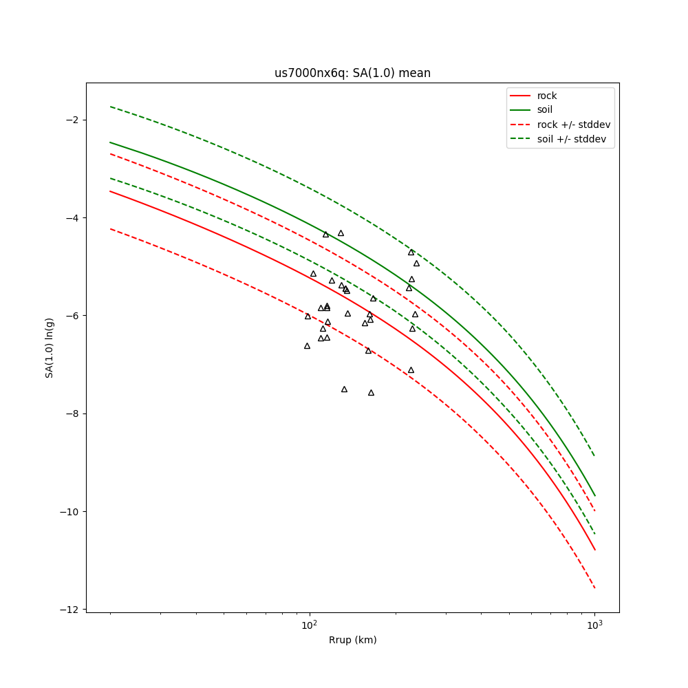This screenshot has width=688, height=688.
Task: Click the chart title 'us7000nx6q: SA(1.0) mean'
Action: [x=352, y=73]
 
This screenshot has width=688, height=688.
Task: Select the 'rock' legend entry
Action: [x=547, y=96]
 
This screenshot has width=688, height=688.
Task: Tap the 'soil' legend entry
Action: [x=544, y=109]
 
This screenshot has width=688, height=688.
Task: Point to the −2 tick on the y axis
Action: [x=72, y=120]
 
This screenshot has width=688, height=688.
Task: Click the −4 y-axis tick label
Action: [x=72, y=218]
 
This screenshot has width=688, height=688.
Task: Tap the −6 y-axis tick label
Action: [x=72, y=316]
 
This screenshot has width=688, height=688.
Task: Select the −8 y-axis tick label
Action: [x=72, y=413]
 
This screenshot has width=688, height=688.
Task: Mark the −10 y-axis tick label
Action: [x=69, y=512]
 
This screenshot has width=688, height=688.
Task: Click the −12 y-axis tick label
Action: [x=69, y=610]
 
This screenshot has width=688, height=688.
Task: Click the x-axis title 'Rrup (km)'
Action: [x=352, y=640]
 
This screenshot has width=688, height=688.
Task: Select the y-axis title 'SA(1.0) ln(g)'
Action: [x=50, y=347]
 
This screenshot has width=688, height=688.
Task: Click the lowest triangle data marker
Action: [x=371, y=393]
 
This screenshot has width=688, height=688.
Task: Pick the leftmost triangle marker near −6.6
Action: [x=307, y=346]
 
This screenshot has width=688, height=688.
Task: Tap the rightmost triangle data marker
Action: [x=416, y=264]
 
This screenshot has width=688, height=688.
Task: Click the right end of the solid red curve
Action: [x=594, y=549]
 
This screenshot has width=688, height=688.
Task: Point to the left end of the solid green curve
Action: [x=110, y=142]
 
